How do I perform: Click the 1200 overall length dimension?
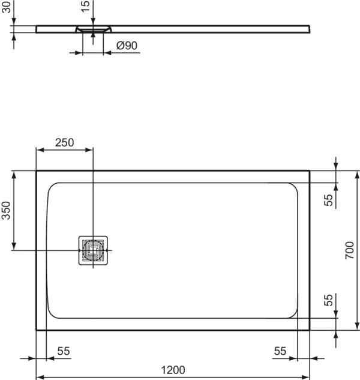[x=172, y=369]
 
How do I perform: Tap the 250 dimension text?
[x=64, y=143]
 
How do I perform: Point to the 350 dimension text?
[x=6, y=210]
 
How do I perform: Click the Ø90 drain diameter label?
[x=126, y=46]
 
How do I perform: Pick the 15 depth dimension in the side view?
[x=85, y=7]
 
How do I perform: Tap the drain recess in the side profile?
[x=92, y=29]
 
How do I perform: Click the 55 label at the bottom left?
[x=64, y=352]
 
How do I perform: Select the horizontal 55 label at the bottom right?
[x=280, y=352]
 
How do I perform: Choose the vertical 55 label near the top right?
[x=328, y=200]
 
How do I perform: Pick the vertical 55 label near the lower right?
[x=328, y=300]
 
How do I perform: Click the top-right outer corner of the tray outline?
[x=310, y=170]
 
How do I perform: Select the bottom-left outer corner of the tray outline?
[x=36, y=330]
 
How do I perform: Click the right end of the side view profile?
[x=310, y=28]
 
